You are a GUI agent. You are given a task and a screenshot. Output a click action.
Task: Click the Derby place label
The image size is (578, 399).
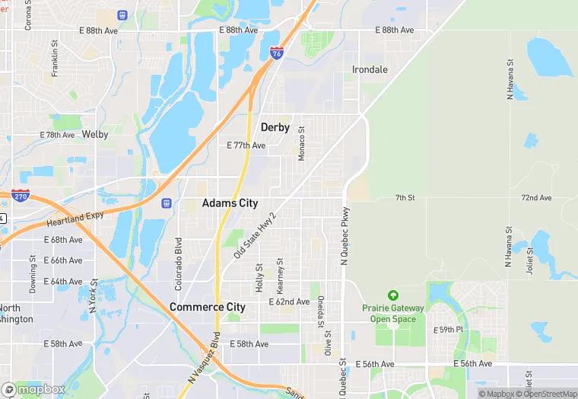pyautogui.click(x=275, y=127)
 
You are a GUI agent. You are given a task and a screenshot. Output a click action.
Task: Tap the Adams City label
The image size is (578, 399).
pyautogui.click(x=230, y=203)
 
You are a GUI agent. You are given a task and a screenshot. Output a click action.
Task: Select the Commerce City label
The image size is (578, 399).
pyautogui.click(x=208, y=307)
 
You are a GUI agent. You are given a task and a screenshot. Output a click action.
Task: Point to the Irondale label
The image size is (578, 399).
pyautogui.click(x=370, y=69)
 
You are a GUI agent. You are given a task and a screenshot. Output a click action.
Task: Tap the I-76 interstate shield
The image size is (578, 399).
pyautogui.click(x=277, y=53)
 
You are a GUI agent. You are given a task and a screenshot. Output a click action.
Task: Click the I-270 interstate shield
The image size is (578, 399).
pyautogui.click(x=21, y=196)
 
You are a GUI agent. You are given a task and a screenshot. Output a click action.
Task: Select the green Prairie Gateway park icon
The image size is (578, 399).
pyautogui.click(x=392, y=295)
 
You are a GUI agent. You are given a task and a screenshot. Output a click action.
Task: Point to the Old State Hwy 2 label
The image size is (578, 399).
pyautogui.click(x=255, y=235)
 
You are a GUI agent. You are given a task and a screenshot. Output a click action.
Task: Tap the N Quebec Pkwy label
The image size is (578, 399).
pyautogui.click(x=345, y=236)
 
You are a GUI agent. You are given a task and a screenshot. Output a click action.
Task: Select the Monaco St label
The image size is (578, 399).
pyautogui.click(x=301, y=143)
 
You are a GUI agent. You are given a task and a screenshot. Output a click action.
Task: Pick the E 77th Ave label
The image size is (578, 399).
pyautogui.click(x=246, y=145)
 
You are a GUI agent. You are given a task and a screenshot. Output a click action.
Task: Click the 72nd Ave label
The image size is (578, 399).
pyautogui.click(x=536, y=198)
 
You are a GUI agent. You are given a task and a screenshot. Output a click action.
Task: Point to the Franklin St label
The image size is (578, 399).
pyautogui.click(x=55, y=59)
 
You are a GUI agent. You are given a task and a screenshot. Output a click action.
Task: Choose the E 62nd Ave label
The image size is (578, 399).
pyautogui.click(x=289, y=302)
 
